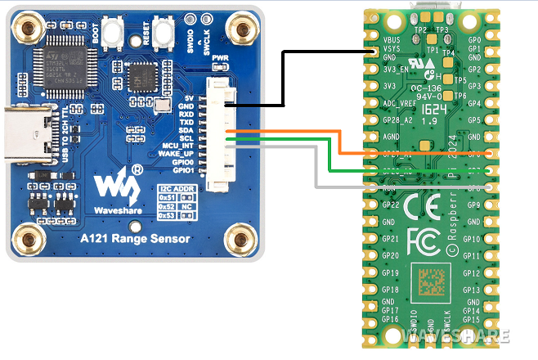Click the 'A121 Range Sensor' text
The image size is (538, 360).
click(x=134, y=240)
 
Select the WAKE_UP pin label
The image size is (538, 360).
click(x=177, y=153)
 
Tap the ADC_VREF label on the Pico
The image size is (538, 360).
click(x=400, y=103)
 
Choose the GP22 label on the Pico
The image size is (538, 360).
click(x=391, y=205)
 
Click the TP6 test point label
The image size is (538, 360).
click(x=460, y=96)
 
